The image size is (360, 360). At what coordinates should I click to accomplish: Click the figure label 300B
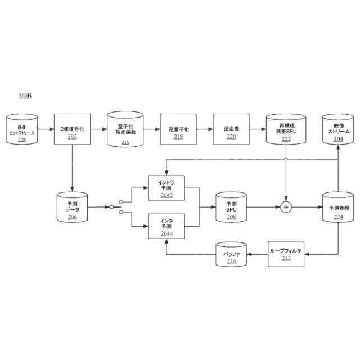[x=25, y=97]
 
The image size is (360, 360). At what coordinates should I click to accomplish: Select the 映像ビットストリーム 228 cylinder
[x=21, y=130]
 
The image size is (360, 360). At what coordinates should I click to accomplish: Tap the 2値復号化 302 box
[x=73, y=129]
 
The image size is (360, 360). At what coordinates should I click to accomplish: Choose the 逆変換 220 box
[x=231, y=129]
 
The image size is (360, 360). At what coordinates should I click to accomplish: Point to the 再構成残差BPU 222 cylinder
[x=285, y=130]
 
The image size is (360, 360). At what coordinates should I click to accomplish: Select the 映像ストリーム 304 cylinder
[x=338, y=130]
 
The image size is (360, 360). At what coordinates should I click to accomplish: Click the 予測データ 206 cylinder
[x=73, y=208]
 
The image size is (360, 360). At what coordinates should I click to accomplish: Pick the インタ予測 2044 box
[x=166, y=226]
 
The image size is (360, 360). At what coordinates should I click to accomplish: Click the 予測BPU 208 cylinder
[x=231, y=208]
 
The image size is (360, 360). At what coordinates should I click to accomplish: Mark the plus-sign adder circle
[x=286, y=208]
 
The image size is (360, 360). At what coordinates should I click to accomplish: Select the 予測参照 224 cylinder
[x=338, y=208]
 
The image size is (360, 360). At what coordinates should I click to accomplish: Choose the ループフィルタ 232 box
[x=286, y=253]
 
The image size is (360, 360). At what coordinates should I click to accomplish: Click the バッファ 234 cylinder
[x=231, y=254]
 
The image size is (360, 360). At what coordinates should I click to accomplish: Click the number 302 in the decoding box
[x=73, y=136]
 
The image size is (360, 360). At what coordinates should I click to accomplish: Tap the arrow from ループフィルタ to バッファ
[x=257, y=254]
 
